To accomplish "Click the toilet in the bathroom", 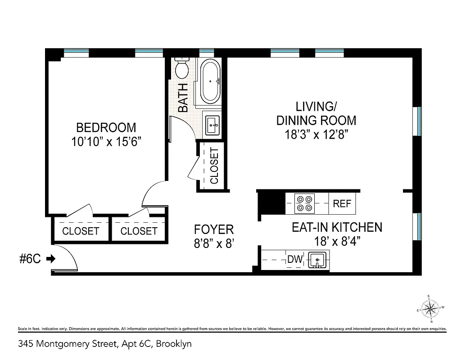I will coord(182,69).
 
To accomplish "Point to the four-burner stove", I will coord(304,203).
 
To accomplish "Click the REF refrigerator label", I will coord(342,204).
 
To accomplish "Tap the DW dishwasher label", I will coord(294,260).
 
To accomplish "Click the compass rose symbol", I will coord(431,309).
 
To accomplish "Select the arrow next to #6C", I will coord(50,259).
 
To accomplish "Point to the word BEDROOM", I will coord(106,127).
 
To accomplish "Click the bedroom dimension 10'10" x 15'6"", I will coord(106,142).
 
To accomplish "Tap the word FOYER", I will coord(214,229).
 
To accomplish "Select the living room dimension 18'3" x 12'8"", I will coord(316,135).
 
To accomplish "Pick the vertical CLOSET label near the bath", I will coord(214,166).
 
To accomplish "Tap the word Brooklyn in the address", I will coord(174,344).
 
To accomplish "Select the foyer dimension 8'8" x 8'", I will coord(214,243).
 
